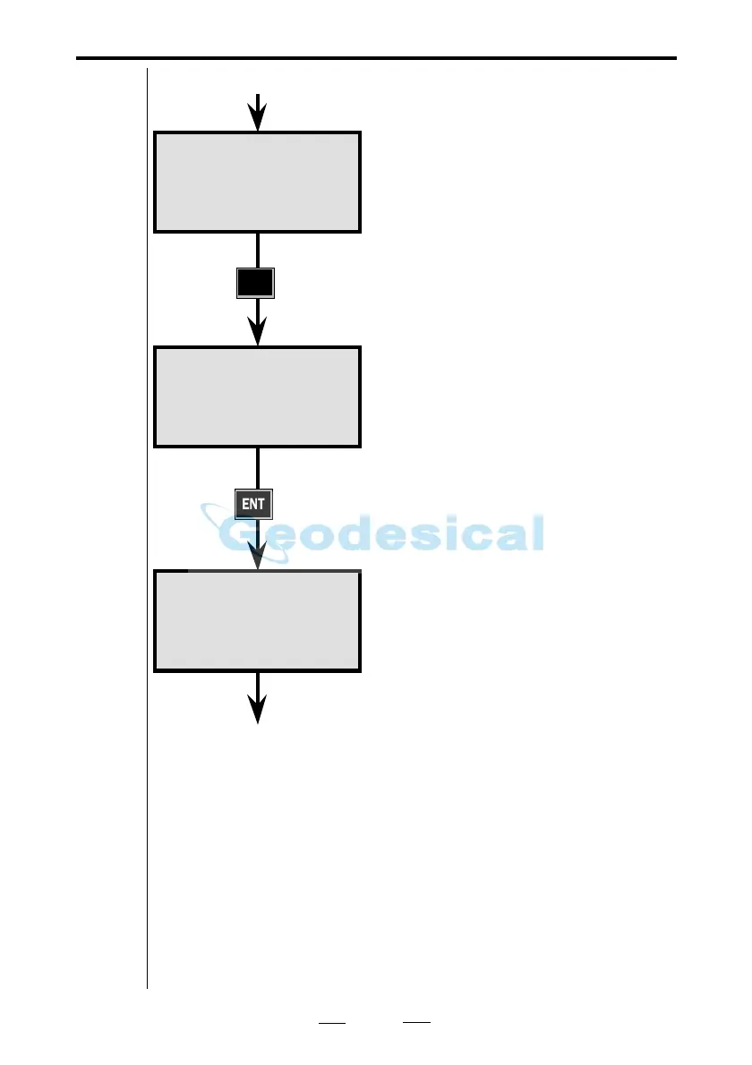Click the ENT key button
(x=253, y=504)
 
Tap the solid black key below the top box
(x=254, y=284)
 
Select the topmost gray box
(x=258, y=182)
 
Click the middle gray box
(x=258, y=396)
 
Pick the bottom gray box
(x=258, y=621)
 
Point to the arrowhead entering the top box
(x=258, y=116)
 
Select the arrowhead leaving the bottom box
(x=258, y=709)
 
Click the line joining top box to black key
(x=258, y=251)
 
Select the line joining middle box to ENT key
(x=258, y=467)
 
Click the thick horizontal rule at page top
(x=376, y=58)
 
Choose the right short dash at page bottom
(x=416, y=1022)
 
